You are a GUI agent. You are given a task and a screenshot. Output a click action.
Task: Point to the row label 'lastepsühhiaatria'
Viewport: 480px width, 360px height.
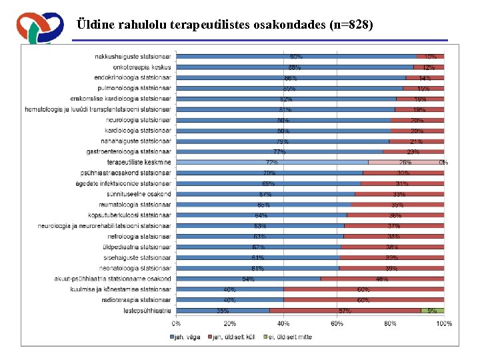coord(147,310)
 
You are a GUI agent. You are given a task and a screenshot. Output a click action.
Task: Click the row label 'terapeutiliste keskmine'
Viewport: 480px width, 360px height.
coord(139,162)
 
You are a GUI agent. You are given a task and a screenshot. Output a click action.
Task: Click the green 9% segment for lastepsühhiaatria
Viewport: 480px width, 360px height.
coord(433,310)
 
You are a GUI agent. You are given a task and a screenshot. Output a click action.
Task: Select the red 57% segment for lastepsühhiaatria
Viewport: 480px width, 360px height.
coord(345,310)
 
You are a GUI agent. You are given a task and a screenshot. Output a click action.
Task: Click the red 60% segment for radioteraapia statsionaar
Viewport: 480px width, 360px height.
coord(364,299)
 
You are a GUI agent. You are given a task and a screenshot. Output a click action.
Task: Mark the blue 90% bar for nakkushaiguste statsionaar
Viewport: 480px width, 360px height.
coord(295,56)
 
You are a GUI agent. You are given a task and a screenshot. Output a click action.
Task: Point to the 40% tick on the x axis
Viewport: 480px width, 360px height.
coord(283,324)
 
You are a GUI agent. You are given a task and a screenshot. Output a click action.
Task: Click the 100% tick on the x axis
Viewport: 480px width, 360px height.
coord(443,324)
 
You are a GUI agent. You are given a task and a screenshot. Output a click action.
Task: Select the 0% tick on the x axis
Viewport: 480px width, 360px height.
coord(176,324)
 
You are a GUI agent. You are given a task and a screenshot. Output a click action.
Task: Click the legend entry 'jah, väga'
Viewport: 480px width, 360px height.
coord(186,337)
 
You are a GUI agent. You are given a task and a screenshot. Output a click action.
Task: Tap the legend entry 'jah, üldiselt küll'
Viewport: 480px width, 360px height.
coord(234,337)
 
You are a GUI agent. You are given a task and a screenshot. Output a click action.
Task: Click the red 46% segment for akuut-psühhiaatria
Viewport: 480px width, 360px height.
coord(382,279)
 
